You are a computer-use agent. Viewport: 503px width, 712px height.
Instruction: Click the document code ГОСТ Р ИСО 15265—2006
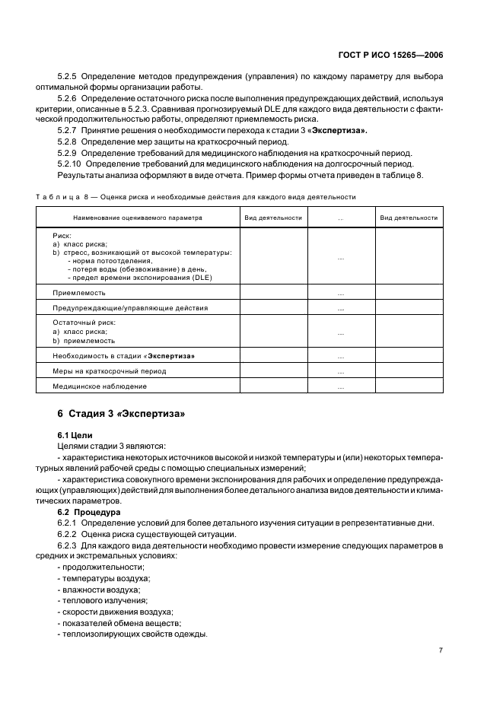392,55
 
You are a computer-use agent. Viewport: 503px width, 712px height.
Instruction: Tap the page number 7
441,650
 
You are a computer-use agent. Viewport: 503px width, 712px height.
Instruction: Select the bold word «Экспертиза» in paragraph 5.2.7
333,131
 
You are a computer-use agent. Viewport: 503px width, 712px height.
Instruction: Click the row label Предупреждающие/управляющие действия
119,308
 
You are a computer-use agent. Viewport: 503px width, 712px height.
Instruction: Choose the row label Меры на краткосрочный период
109,371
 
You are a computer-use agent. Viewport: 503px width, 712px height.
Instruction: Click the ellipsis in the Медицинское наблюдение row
340,387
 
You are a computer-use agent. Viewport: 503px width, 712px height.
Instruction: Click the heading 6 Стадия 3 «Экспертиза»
121,414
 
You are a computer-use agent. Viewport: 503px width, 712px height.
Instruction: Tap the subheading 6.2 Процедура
91,512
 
